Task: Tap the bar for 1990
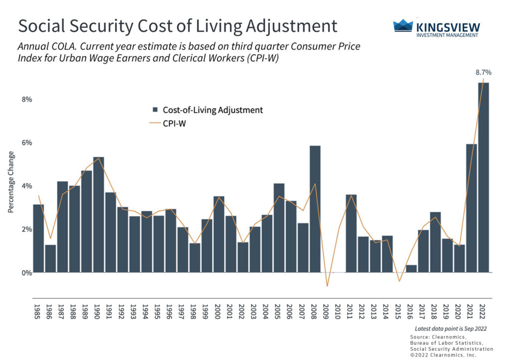(98, 215)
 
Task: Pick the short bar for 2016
(411, 269)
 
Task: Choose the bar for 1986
(50, 259)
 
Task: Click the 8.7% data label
(484, 72)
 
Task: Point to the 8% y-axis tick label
(26, 99)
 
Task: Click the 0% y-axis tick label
(26, 273)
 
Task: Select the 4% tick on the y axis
(26, 186)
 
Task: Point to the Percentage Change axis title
(10, 182)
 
